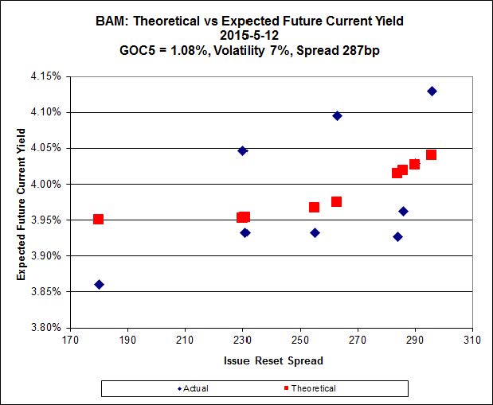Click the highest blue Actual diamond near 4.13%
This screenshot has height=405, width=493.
(x=432, y=91)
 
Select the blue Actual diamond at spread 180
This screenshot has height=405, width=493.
(x=99, y=284)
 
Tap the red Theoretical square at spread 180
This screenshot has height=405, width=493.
(x=98, y=219)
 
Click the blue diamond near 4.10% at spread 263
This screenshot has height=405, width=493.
(x=337, y=115)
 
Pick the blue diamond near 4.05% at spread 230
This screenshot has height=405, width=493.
(x=243, y=150)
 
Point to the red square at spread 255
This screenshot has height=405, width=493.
(x=314, y=207)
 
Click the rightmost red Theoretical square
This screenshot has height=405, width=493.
(x=431, y=154)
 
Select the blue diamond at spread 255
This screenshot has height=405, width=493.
(x=315, y=232)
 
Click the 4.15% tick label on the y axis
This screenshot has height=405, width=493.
(x=49, y=76)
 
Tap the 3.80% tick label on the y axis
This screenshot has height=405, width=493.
(x=49, y=327)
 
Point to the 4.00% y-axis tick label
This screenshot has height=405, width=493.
(x=49, y=184)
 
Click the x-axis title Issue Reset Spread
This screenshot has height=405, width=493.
(x=272, y=360)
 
